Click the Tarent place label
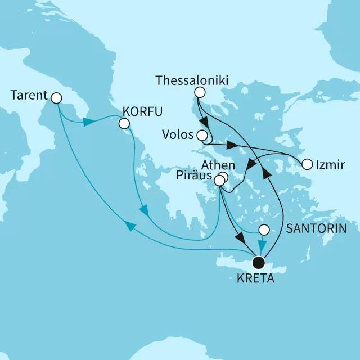pos(29,96)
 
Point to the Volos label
pos(177,135)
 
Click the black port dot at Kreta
pos(259,262)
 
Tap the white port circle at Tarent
pos(56,98)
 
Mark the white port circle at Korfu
pos(124,123)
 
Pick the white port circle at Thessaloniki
pos(199,92)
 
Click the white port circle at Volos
pos(202,135)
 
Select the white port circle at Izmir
pos(307,165)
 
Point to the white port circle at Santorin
pos(263,229)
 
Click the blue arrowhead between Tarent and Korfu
pos(88,122)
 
